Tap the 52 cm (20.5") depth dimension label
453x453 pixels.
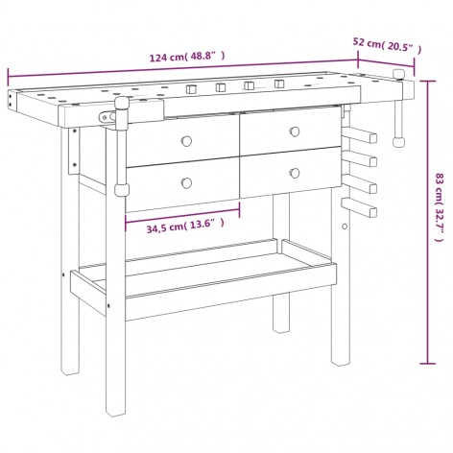pyautogui.click(x=387, y=45)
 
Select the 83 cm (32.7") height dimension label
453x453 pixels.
pyautogui.click(x=441, y=207)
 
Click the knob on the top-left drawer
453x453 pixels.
pyautogui.click(x=186, y=141)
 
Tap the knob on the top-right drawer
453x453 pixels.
pyautogui.click(x=295, y=131)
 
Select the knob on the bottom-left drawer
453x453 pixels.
pyautogui.click(x=186, y=183)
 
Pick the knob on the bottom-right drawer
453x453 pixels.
pyautogui.click(x=295, y=173)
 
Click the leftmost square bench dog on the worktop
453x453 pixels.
pyautogui.click(x=192, y=88)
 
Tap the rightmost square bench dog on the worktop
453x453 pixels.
pyautogui.click(x=279, y=83)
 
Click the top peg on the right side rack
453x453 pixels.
pyautogui.click(x=359, y=134)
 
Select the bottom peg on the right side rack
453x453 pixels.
pyautogui.click(x=359, y=207)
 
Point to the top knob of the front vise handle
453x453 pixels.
pyautogui.click(x=122, y=104)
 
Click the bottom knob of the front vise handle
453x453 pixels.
pyautogui.click(x=122, y=190)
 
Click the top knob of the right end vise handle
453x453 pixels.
pyautogui.click(x=398, y=74)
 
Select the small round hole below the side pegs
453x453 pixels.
pyautogui.click(x=345, y=226)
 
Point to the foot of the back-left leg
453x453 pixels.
pyautogui.click(x=70, y=370)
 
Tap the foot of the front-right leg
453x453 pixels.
pyautogui.click(x=341, y=361)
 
